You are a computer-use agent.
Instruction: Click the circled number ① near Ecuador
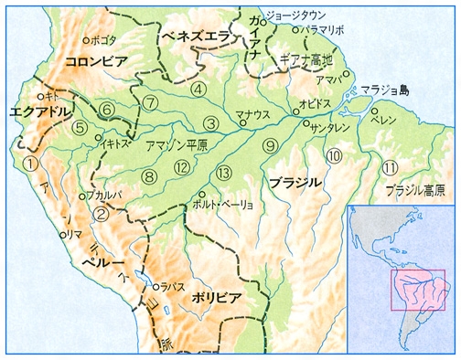point(31,164)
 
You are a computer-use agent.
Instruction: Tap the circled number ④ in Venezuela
point(198,90)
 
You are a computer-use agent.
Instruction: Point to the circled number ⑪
point(391,168)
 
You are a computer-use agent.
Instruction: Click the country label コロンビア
point(100,61)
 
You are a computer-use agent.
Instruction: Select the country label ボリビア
point(216,298)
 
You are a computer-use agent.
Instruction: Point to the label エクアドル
point(38,111)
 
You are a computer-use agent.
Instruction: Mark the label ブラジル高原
point(415,191)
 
